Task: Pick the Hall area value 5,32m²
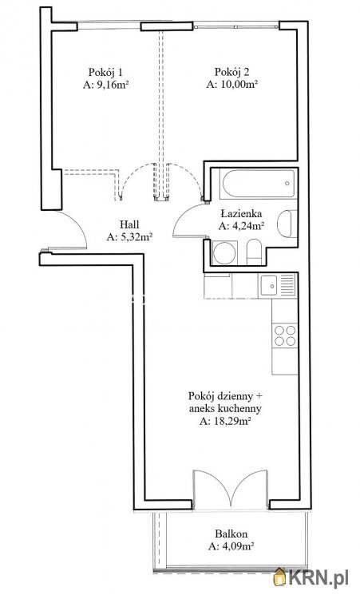(x=130, y=237)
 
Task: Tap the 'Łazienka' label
(x=241, y=212)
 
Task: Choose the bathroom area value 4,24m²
(x=241, y=225)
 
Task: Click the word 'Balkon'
(x=230, y=534)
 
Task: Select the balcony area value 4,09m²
(x=230, y=547)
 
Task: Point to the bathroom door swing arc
(x=185, y=217)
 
